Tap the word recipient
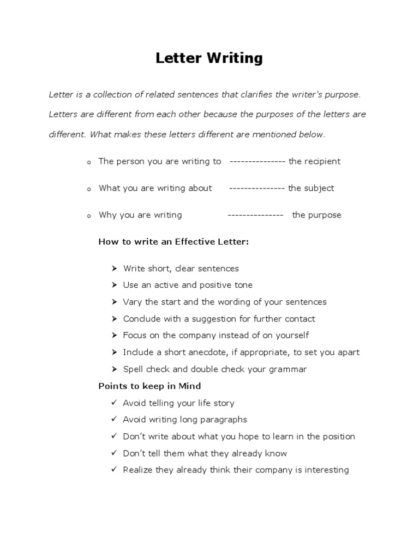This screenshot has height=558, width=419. tap(322, 161)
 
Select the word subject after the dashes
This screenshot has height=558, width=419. tap(319, 188)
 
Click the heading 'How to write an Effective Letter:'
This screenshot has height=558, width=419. tap(173, 241)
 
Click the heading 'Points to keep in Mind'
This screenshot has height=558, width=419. tap(149, 386)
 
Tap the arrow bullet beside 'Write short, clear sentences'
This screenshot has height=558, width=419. tap(114, 268)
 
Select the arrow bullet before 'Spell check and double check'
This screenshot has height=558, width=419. tap(114, 369)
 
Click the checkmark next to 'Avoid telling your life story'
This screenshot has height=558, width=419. tap(113, 403)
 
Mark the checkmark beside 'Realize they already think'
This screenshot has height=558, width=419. tap(113, 470)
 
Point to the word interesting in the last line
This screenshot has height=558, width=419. tap(324, 470)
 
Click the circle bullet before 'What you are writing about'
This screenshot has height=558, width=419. tap(88, 189)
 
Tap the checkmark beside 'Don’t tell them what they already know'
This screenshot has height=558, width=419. tap(113, 453)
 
